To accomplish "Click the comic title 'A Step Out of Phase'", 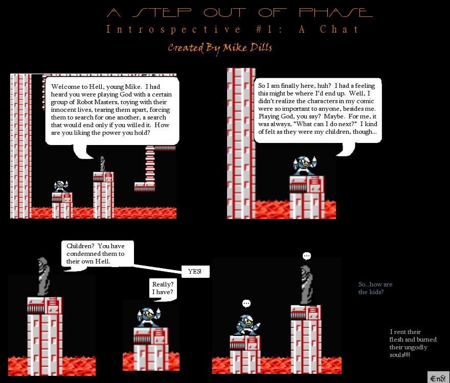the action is pos(240,12).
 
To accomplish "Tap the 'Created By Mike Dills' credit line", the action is pos(220,48).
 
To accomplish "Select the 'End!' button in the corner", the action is pos(438,377).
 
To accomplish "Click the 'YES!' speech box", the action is pos(195,272).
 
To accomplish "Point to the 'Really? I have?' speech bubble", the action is pos(163,289).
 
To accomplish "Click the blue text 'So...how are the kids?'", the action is pos(375,288).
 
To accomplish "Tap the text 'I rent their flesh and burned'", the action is pos(413,336).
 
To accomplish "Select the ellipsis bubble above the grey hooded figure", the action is pos(306,256).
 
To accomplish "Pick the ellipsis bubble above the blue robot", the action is pos(246,303).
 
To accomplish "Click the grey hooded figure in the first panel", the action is pos(102,164).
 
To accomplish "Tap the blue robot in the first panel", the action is pos(60,186).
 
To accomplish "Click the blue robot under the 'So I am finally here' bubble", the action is pos(304,165).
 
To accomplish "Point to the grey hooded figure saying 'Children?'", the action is pos(43,277).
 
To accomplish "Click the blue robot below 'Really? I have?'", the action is pos(149,317).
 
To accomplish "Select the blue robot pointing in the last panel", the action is pos(247,325).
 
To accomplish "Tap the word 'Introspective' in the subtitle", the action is pos(173,29).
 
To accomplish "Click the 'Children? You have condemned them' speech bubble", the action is pos(98,253).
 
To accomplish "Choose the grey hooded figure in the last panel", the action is pos(306,285).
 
